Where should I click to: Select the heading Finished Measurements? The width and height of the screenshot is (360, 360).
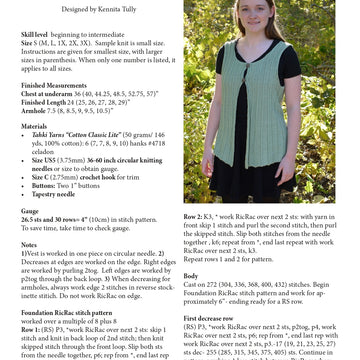[x=52, y=88]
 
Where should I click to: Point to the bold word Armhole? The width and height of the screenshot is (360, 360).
[x=35, y=111]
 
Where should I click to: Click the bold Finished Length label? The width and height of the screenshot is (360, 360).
[x=48, y=103]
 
